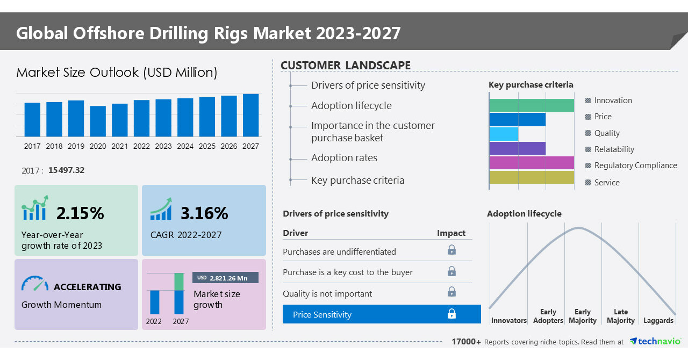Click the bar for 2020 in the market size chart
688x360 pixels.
98,121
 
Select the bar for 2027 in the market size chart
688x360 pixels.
250,115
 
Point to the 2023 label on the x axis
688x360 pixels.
163,146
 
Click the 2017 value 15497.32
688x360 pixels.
66,170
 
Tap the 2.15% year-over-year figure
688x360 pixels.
80,213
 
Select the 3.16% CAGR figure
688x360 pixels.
204,213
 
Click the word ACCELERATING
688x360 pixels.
88,287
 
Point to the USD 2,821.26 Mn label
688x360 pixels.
225,278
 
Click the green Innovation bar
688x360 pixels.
531,105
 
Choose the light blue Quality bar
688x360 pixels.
504,134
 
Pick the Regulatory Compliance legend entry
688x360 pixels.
635,165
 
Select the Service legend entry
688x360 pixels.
607,183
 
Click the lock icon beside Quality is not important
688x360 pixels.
451,292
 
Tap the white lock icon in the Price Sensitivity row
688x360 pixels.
451,314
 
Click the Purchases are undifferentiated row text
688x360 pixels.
339,251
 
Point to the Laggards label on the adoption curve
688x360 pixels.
658,321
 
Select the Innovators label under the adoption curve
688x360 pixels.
508,321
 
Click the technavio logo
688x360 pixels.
655,342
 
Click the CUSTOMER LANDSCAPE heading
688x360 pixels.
346,66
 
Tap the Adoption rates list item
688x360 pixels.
344,158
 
